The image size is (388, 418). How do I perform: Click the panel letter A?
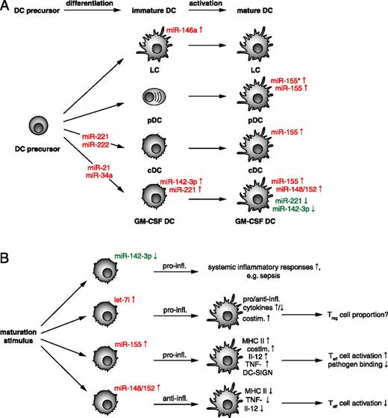point(7,7)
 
